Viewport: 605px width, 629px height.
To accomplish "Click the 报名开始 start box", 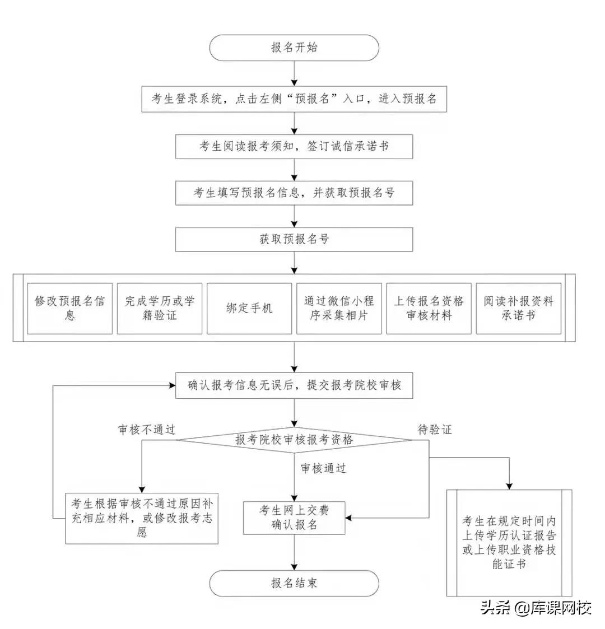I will [294, 48].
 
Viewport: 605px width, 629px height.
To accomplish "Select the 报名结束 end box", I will [294, 583].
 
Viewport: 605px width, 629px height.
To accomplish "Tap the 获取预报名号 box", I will [294, 239].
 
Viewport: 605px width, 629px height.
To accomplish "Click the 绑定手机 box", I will [249, 308].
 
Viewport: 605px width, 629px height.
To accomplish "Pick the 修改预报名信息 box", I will [70, 308].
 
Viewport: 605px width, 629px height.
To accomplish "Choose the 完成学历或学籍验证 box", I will [160, 308].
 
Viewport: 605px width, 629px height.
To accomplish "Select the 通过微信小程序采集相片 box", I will [339, 308].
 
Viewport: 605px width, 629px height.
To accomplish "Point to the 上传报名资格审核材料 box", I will [429, 308].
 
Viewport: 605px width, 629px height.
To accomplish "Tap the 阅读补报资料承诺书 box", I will [518, 308].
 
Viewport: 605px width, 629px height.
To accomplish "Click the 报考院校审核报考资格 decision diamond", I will [294, 440].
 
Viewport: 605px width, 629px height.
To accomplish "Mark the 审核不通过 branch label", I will [147, 430].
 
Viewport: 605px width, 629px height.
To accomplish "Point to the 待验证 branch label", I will [435, 430].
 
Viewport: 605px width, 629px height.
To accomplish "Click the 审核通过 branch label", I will [323, 468].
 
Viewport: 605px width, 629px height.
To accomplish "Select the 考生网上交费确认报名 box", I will [294, 518].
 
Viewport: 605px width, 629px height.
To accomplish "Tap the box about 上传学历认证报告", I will [509, 543].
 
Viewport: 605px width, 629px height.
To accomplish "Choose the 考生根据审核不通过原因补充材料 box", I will [142, 518].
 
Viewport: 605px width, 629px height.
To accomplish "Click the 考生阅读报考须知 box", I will [294, 146].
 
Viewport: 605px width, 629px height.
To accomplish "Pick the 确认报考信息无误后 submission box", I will [294, 385].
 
